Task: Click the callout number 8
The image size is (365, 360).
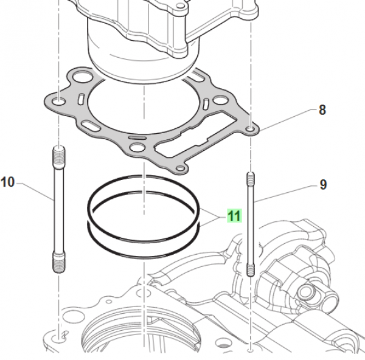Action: (x=322, y=110)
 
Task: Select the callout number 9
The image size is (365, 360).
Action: (x=323, y=184)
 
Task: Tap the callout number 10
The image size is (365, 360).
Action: (x=7, y=181)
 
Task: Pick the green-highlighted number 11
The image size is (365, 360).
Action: (x=234, y=215)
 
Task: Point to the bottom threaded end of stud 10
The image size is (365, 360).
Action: (x=58, y=263)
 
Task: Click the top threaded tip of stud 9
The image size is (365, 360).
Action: (x=249, y=180)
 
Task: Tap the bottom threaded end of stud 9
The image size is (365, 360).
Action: (x=249, y=269)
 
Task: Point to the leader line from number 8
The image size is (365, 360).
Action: (x=286, y=120)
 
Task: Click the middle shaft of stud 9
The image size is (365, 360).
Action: (x=249, y=225)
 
